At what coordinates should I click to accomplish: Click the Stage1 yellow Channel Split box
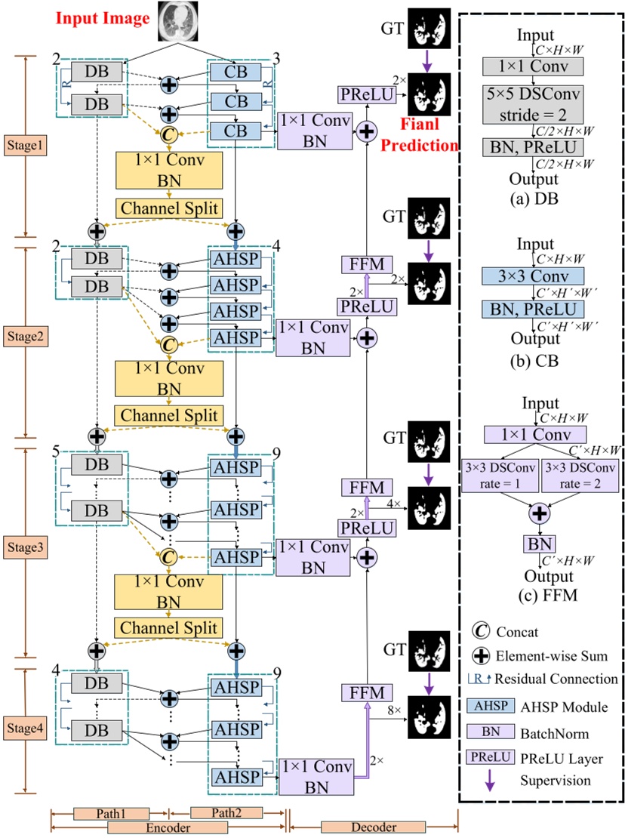coord(169,207)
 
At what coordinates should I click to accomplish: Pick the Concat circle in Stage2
coord(169,345)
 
